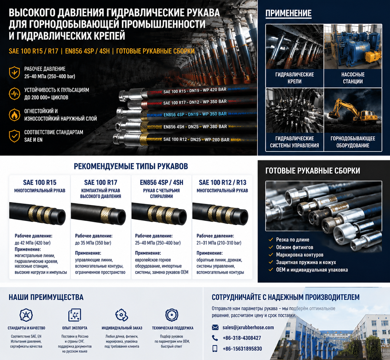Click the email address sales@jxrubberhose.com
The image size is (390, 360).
click(x=248, y=327)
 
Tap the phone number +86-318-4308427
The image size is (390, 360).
click(x=242, y=338)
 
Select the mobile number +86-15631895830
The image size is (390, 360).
click(x=242, y=349)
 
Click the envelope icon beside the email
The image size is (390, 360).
click(x=215, y=327)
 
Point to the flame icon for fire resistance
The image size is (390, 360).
click(x=14, y=115)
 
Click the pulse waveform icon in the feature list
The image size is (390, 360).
click(x=14, y=94)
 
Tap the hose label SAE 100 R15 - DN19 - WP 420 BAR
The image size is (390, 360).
click(x=195, y=91)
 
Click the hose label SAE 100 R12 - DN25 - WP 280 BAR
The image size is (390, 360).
click(x=196, y=140)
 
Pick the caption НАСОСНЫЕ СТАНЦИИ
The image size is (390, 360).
click(x=353, y=78)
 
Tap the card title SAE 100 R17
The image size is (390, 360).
click(x=101, y=183)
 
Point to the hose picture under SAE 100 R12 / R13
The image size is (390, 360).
click(x=220, y=214)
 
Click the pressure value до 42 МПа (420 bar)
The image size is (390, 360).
click(x=33, y=243)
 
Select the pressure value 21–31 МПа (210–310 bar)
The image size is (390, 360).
click(x=219, y=243)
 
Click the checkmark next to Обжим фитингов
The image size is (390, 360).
click(x=271, y=247)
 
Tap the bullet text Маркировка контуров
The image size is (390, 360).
click(x=300, y=255)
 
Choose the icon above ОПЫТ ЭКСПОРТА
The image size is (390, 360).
click(x=75, y=315)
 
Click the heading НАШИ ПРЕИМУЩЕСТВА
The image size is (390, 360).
click(x=46, y=297)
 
